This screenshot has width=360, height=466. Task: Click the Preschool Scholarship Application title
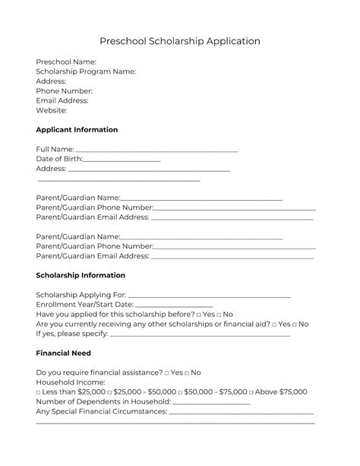click(180, 41)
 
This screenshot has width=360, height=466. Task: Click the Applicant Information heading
click(77, 130)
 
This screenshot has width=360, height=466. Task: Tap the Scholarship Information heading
click(81, 275)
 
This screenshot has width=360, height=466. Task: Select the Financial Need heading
click(63, 353)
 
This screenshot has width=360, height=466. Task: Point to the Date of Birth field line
click(122, 160)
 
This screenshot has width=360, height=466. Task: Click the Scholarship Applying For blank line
click(210, 296)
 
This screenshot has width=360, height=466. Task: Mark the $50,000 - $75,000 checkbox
click(179, 392)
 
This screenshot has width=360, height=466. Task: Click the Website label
click(52, 110)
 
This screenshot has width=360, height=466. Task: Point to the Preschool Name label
click(66, 61)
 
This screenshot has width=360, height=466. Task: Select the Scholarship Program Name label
click(86, 71)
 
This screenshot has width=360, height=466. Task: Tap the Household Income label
click(71, 382)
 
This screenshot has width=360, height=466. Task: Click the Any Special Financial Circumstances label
click(101, 412)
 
